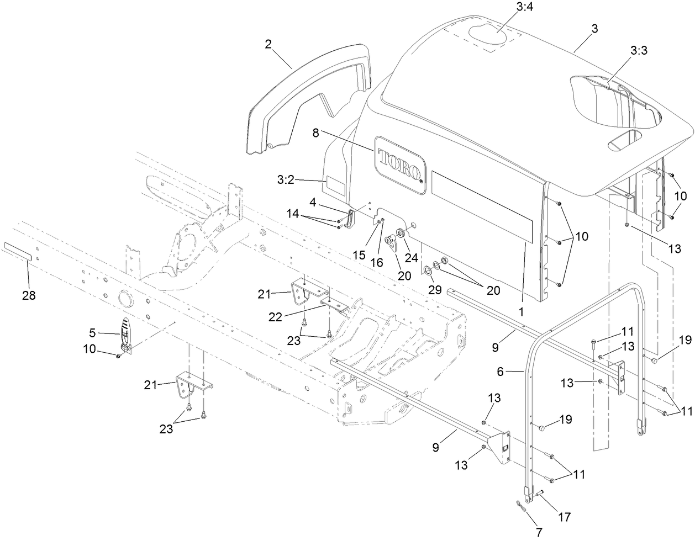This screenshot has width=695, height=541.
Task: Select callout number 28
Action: click(x=28, y=295)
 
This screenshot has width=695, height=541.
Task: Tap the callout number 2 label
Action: click(x=268, y=45)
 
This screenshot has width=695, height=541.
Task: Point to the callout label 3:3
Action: click(x=639, y=50)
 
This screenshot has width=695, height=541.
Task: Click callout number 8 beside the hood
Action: click(x=315, y=132)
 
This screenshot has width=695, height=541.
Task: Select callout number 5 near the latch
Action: click(x=92, y=333)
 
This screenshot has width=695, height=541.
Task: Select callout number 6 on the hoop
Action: click(x=501, y=373)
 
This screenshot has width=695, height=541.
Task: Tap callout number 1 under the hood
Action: click(x=520, y=311)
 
